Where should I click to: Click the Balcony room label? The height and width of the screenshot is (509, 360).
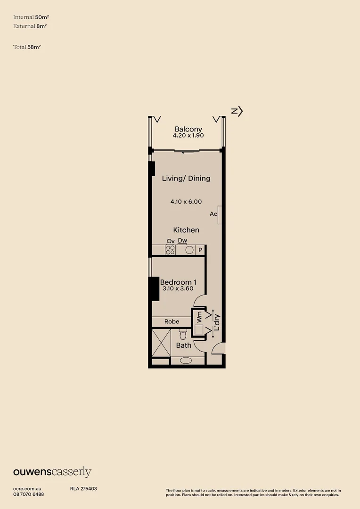point(188,129)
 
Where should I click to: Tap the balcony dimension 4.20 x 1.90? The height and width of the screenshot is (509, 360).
point(188,136)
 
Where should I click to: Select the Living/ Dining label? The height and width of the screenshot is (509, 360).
point(186,178)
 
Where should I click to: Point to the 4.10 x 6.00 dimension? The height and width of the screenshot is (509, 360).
point(186,201)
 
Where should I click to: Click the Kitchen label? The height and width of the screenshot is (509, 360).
point(186,230)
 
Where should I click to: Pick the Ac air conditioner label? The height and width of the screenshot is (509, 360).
point(213,214)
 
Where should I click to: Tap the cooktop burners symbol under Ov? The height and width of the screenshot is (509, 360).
point(170,250)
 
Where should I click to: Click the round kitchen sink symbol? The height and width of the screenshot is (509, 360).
point(189,250)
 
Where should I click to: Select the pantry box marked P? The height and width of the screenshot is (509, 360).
point(200,250)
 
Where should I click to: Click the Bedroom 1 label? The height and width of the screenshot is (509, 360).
point(178,282)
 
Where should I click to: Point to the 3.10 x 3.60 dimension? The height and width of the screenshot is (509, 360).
point(178,289)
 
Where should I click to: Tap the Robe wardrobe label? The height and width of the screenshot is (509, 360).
point(172,321)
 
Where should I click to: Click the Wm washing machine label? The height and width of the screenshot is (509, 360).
point(199,316)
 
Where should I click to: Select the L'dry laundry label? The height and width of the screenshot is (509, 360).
point(217,322)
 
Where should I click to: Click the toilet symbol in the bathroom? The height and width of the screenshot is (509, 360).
point(183,335)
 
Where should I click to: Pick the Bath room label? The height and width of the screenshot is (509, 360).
point(184,345)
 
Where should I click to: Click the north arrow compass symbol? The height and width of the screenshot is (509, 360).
point(237,111)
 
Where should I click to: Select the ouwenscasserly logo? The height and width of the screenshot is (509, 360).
point(52,472)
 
